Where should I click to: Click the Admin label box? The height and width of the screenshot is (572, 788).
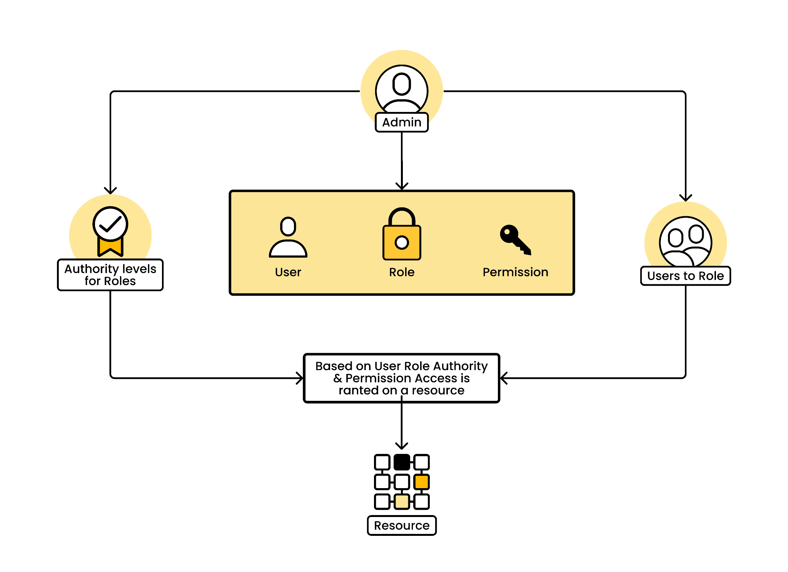[x=402, y=122]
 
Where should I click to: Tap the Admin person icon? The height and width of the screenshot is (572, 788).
[x=402, y=89]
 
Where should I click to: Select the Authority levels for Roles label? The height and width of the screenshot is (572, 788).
[x=110, y=275]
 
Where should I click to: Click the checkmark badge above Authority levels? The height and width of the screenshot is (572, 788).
[x=110, y=224]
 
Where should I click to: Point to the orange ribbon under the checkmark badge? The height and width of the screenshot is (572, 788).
[x=110, y=247]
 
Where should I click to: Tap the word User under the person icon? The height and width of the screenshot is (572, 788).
[x=288, y=272]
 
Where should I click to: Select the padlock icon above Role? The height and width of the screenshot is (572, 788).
[x=402, y=234]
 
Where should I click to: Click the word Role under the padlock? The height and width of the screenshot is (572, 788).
[x=402, y=272]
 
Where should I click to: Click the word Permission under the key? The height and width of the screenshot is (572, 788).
[x=516, y=272]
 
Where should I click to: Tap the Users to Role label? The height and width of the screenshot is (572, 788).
[x=686, y=276]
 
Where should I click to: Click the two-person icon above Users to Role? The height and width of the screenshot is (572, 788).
[x=686, y=242]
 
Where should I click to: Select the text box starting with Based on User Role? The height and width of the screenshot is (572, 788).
[x=402, y=378]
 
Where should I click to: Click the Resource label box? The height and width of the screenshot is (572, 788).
[x=402, y=525]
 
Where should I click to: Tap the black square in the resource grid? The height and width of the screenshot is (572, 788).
[x=402, y=462]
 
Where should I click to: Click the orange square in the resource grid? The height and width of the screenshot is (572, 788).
[x=422, y=482]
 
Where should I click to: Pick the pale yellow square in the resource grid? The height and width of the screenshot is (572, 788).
[x=402, y=502]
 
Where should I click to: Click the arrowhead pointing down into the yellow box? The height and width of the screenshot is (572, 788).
[x=402, y=186]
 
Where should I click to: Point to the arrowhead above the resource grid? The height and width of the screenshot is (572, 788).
[x=402, y=446]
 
